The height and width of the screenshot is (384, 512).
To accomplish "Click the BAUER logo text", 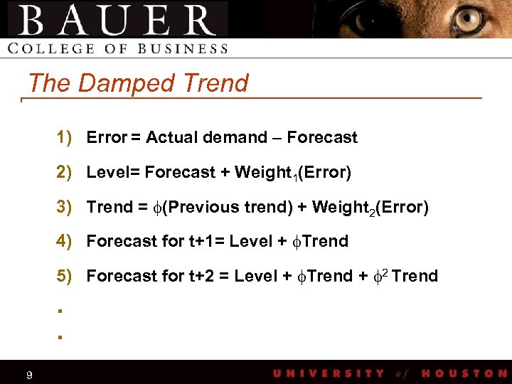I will pos(117,20).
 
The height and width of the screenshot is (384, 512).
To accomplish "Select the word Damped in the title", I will pos(127,83).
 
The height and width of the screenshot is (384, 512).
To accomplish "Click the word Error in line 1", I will pos(106,137).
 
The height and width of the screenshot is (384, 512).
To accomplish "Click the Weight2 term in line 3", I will pos(342,207).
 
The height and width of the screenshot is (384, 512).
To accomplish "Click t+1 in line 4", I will pos(201,241).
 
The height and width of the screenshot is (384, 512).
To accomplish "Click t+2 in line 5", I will pos(202,276).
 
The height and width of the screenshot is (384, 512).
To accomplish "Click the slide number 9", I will pos(28,375).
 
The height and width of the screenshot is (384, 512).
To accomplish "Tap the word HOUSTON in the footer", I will pos(464,373).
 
